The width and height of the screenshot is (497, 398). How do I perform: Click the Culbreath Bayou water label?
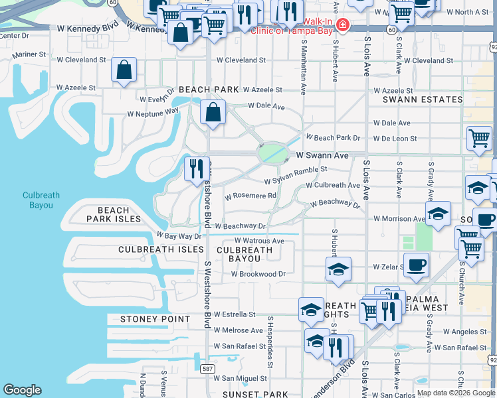[x=41, y=200]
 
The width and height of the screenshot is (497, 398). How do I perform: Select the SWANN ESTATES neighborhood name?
[x=423, y=99]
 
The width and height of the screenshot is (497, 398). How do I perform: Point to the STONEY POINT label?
[x=155, y=319]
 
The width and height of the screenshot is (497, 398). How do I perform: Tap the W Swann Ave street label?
[x=322, y=155]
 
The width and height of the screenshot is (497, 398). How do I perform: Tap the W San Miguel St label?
[x=240, y=378]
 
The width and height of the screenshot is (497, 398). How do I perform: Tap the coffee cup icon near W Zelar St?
[x=416, y=265]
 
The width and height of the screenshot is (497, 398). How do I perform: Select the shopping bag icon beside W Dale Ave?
[x=213, y=113]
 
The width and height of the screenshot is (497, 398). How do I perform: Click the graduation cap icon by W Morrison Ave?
[x=438, y=214]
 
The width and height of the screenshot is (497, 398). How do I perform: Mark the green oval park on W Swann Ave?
[x=273, y=155]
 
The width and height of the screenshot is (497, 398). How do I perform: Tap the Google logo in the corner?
[x=23, y=390]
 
